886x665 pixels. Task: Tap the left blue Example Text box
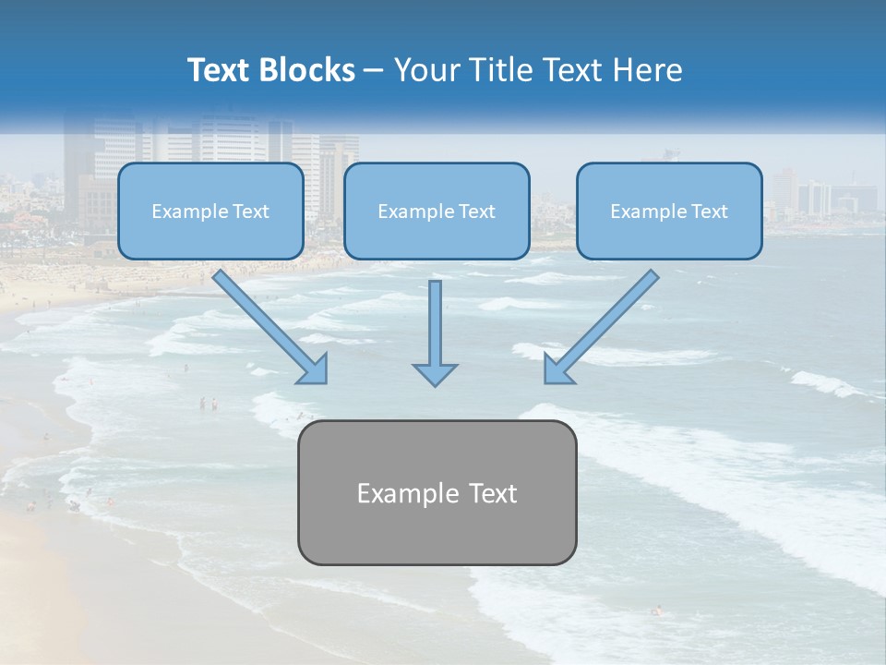click(x=210, y=212)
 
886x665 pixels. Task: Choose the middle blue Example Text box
click(x=437, y=212)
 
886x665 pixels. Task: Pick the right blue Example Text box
click(x=669, y=212)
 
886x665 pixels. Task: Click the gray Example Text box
click(x=437, y=492)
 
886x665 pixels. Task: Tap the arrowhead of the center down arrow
click(x=435, y=374)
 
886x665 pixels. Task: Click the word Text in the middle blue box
click(x=474, y=212)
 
